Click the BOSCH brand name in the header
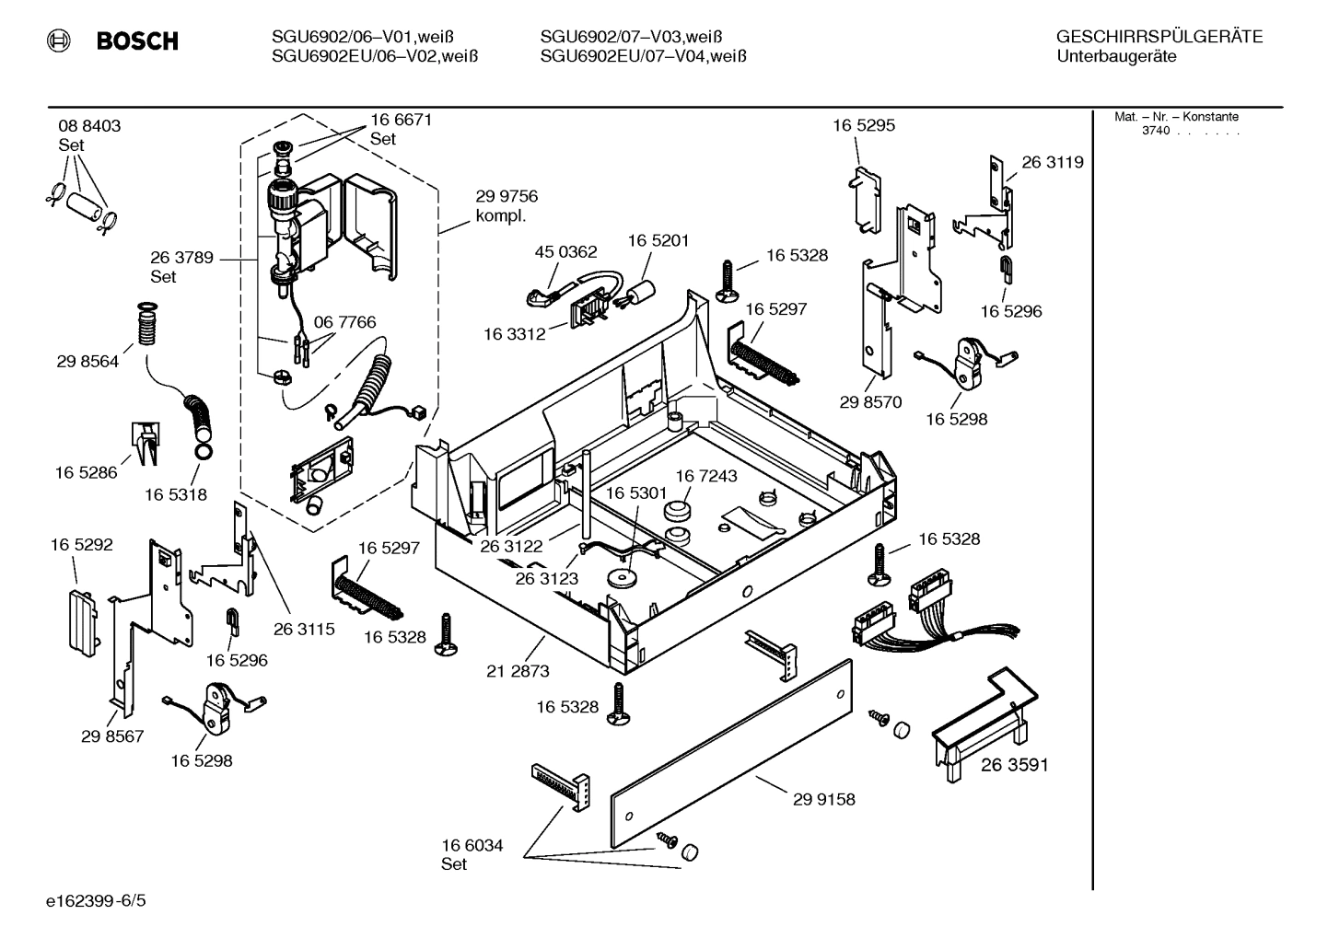136,41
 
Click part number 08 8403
89,126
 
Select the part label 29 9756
507,196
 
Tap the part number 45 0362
565,251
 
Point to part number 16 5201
658,240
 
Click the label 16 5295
863,125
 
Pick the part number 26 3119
1053,162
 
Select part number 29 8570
870,402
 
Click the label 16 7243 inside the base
706,476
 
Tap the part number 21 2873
518,671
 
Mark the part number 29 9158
823,799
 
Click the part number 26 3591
1014,765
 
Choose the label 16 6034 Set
472,854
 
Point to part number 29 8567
112,736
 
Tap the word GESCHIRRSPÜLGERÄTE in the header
1159,37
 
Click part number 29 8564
88,362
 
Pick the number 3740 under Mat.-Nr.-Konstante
1155,131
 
